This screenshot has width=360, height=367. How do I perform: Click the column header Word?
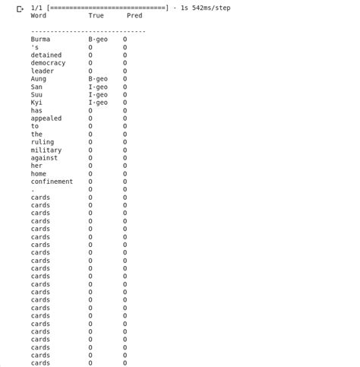[x=38, y=15]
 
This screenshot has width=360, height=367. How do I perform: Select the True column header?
[x=96, y=15]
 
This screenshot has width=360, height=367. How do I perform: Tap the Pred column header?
[x=134, y=15]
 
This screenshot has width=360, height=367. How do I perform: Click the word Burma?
[x=40, y=39]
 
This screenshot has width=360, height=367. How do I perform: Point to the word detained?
[x=46, y=55]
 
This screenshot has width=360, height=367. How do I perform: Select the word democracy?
[x=48, y=63]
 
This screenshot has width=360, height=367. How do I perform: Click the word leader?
[x=42, y=71]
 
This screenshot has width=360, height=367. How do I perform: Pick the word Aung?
[x=38, y=79]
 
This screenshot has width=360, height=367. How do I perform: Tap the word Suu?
[x=36, y=94]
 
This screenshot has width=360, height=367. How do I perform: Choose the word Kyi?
[x=36, y=103]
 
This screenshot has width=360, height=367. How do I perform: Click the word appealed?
[x=46, y=119]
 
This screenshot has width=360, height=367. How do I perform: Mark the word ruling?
[x=42, y=142]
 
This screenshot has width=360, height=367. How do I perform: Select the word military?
[x=46, y=150]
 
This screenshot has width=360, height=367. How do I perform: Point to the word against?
[x=44, y=158]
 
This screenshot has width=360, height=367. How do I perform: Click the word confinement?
[x=52, y=182]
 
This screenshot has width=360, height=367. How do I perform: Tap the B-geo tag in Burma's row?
[x=98, y=39]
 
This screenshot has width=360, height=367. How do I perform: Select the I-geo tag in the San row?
[x=98, y=87]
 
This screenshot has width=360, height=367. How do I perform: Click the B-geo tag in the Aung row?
[x=98, y=79]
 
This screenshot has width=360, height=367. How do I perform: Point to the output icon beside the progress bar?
[x=21, y=8]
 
